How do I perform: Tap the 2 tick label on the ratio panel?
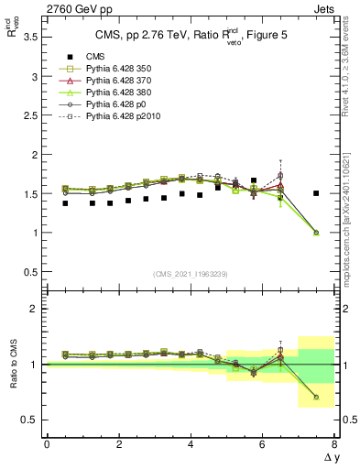click(x=36, y=309)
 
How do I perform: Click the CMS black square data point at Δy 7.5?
click(x=316, y=193)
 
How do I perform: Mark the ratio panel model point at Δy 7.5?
click(x=316, y=397)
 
